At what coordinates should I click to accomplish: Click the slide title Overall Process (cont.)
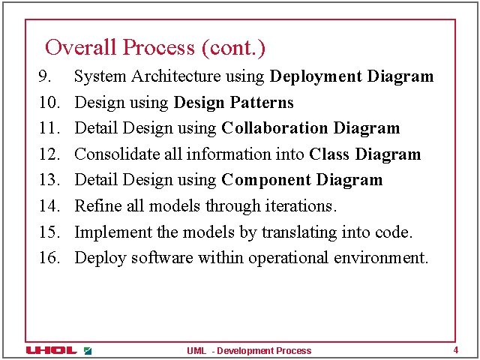(x=155, y=48)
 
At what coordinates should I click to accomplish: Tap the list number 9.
(x=45, y=76)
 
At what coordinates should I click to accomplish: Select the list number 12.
(x=49, y=154)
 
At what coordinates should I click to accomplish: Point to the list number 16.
(x=49, y=258)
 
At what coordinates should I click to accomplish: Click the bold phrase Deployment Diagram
(x=351, y=76)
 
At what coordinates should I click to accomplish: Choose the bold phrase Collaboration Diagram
(x=310, y=128)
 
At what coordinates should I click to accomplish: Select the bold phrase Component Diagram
(x=301, y=180)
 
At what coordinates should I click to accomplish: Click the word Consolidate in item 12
(x=116, y=154)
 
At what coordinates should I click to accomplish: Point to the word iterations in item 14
(x=305, y=206)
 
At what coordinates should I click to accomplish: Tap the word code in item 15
(x=396, y=232)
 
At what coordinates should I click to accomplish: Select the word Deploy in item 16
(x=100, y=258)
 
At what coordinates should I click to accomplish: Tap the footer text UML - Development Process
(x=249, y=350)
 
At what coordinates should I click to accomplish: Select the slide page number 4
(x=455, y=350)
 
